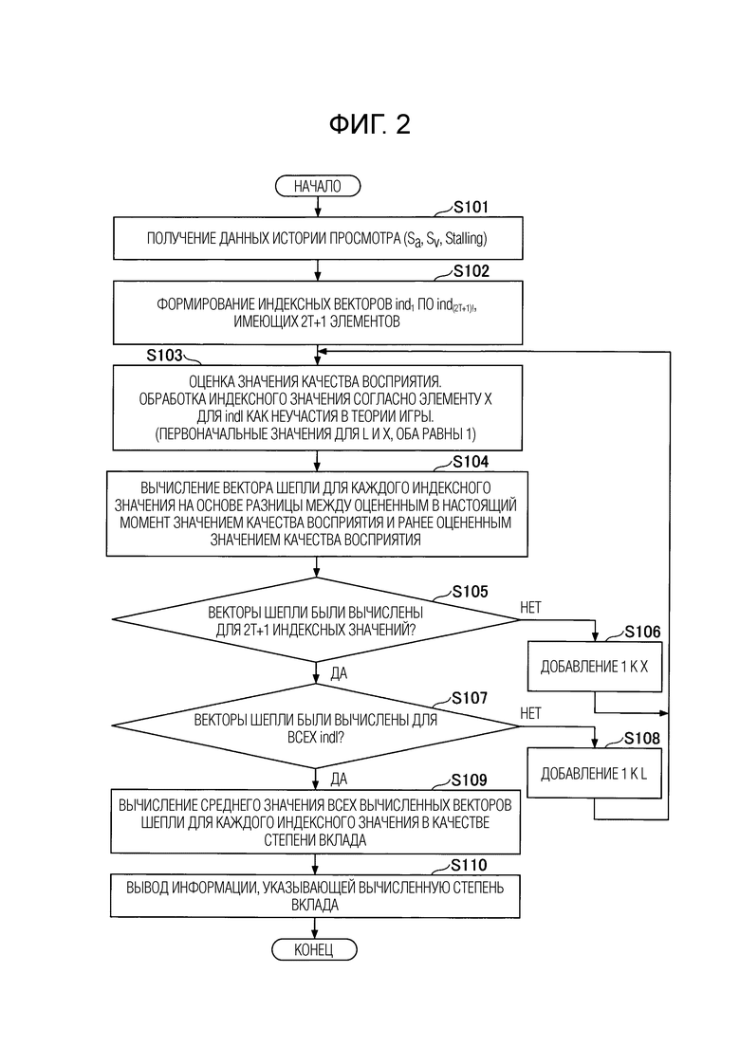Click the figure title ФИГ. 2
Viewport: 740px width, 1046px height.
point(370,124)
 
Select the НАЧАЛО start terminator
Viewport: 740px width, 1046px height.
point(318,186)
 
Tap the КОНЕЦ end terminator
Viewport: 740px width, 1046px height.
point(314,949)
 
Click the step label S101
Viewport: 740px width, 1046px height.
point(472,208)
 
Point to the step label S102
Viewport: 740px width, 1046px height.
point(472,271)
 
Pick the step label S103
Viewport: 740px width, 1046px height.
point(165,355)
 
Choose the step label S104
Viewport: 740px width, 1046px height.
point(471,462)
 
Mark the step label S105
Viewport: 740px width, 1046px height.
point(470,592)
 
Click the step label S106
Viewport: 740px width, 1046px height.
point(642,632)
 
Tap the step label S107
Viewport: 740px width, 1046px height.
point(469,699)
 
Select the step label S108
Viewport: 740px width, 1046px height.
point(642,739)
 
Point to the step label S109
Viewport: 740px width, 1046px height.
point(469,780)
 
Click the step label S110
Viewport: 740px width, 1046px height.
point(469,865)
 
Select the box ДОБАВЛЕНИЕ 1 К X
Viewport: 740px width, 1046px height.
point(595,667)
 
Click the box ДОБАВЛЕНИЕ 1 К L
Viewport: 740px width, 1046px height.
point(594,773)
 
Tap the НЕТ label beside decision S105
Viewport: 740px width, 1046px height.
point(530,607)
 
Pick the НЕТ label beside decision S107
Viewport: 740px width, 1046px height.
point(530,713)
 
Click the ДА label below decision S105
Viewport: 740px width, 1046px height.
point(339,673)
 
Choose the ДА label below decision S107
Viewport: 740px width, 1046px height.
point(339,780)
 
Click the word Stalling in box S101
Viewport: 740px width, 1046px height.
point(465,238)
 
